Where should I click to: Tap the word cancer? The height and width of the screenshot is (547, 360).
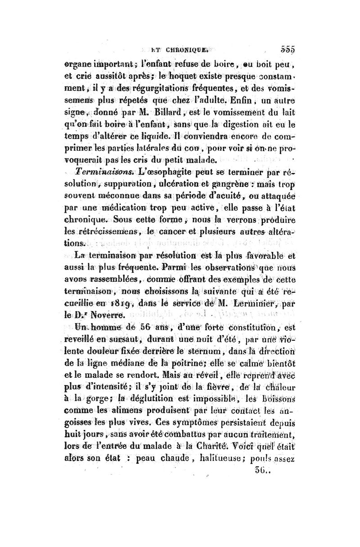pos(181,232)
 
